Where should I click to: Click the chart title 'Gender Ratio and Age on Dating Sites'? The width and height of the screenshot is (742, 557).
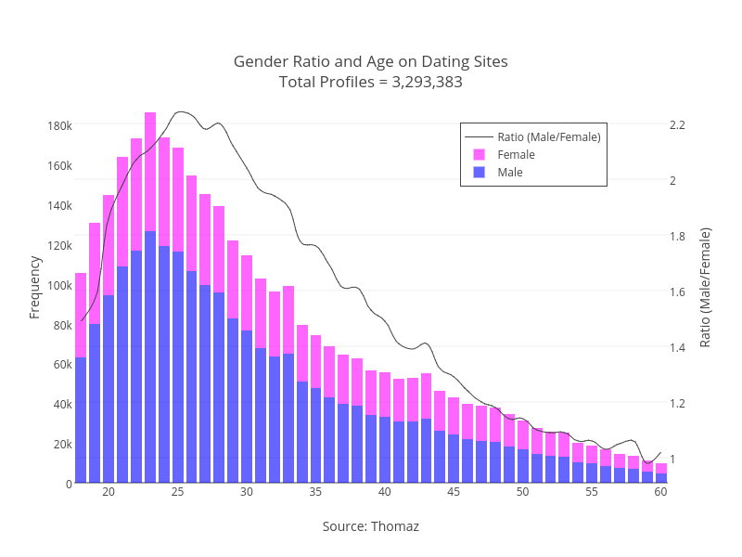point(371,61)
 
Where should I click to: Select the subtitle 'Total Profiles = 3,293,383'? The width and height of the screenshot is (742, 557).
point(371,82)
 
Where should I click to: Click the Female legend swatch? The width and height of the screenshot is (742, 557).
point(480,154)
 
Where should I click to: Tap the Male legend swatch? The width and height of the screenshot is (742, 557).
point(480,172)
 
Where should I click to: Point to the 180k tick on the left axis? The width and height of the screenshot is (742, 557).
point(59,125)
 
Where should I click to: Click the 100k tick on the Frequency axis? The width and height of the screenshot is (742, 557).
point(59,285)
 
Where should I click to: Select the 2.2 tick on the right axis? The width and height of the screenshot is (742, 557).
point(676,124)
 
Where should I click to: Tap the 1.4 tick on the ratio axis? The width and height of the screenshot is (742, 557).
point(676,347)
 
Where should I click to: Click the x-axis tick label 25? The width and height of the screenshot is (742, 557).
point(177,492)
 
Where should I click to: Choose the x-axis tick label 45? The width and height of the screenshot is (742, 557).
point(454,492)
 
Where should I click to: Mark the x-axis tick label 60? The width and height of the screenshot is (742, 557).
point(660,492)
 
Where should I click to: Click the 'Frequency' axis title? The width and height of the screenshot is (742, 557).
point(35,286)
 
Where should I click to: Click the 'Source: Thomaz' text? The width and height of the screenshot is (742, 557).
point(371,526)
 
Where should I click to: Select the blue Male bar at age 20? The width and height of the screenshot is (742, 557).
point(109,390)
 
